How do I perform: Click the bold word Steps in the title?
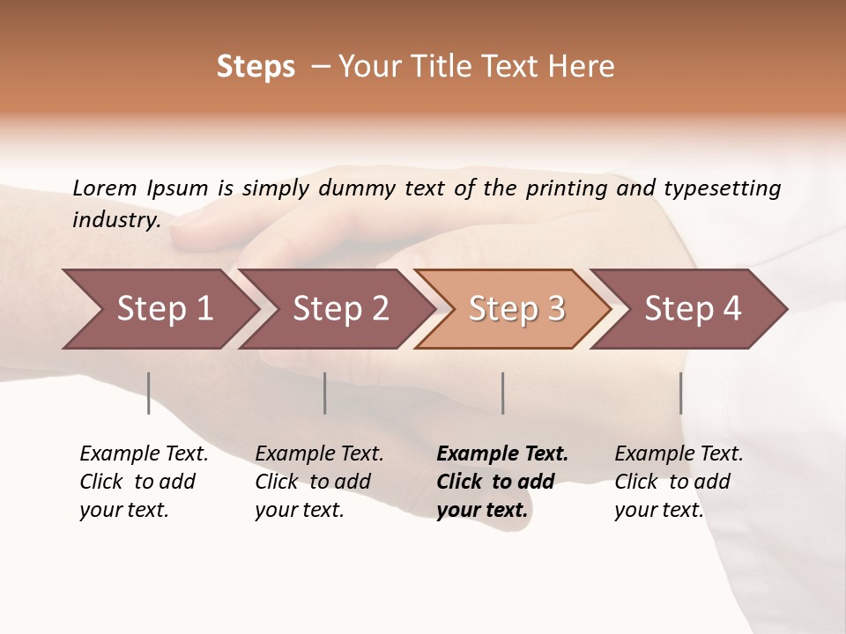256,67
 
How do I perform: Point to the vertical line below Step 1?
149,393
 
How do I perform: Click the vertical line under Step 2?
325,393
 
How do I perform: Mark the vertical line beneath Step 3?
503,393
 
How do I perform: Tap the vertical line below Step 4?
681,393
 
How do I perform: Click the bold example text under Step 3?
502,482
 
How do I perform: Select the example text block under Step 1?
144,482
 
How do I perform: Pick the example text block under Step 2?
319,482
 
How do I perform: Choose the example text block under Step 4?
679,482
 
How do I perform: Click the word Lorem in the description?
104,188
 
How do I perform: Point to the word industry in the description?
115,220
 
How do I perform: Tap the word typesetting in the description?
722,188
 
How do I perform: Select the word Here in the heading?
583,67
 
